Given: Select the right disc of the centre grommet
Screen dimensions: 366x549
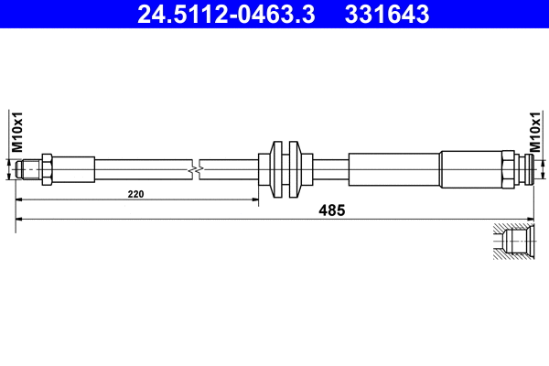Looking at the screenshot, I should [x=295, y=168].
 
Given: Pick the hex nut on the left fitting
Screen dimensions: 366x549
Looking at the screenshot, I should [x=46, y=168].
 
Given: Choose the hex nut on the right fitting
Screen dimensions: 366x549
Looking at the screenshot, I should [x=505, y=168].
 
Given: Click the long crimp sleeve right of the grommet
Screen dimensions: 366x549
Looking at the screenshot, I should [x=393, y=168].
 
